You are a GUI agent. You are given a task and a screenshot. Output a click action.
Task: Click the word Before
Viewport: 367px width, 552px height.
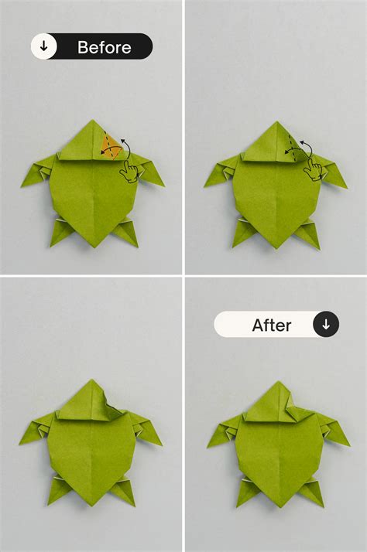pos(104,47)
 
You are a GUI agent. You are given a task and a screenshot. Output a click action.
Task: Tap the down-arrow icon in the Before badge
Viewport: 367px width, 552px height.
pos(43,46)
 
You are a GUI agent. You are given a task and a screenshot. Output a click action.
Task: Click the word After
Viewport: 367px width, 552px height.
pos(271,325)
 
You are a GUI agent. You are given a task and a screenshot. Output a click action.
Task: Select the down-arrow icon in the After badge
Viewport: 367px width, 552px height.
pos(325,325)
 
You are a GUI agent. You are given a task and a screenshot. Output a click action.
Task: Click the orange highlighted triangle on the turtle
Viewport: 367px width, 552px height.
pos(111,145)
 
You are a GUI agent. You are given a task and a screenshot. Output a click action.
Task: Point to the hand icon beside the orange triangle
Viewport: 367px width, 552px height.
pos(129,171)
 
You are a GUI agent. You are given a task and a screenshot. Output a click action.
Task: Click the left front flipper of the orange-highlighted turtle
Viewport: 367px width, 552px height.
pos(43,168)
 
